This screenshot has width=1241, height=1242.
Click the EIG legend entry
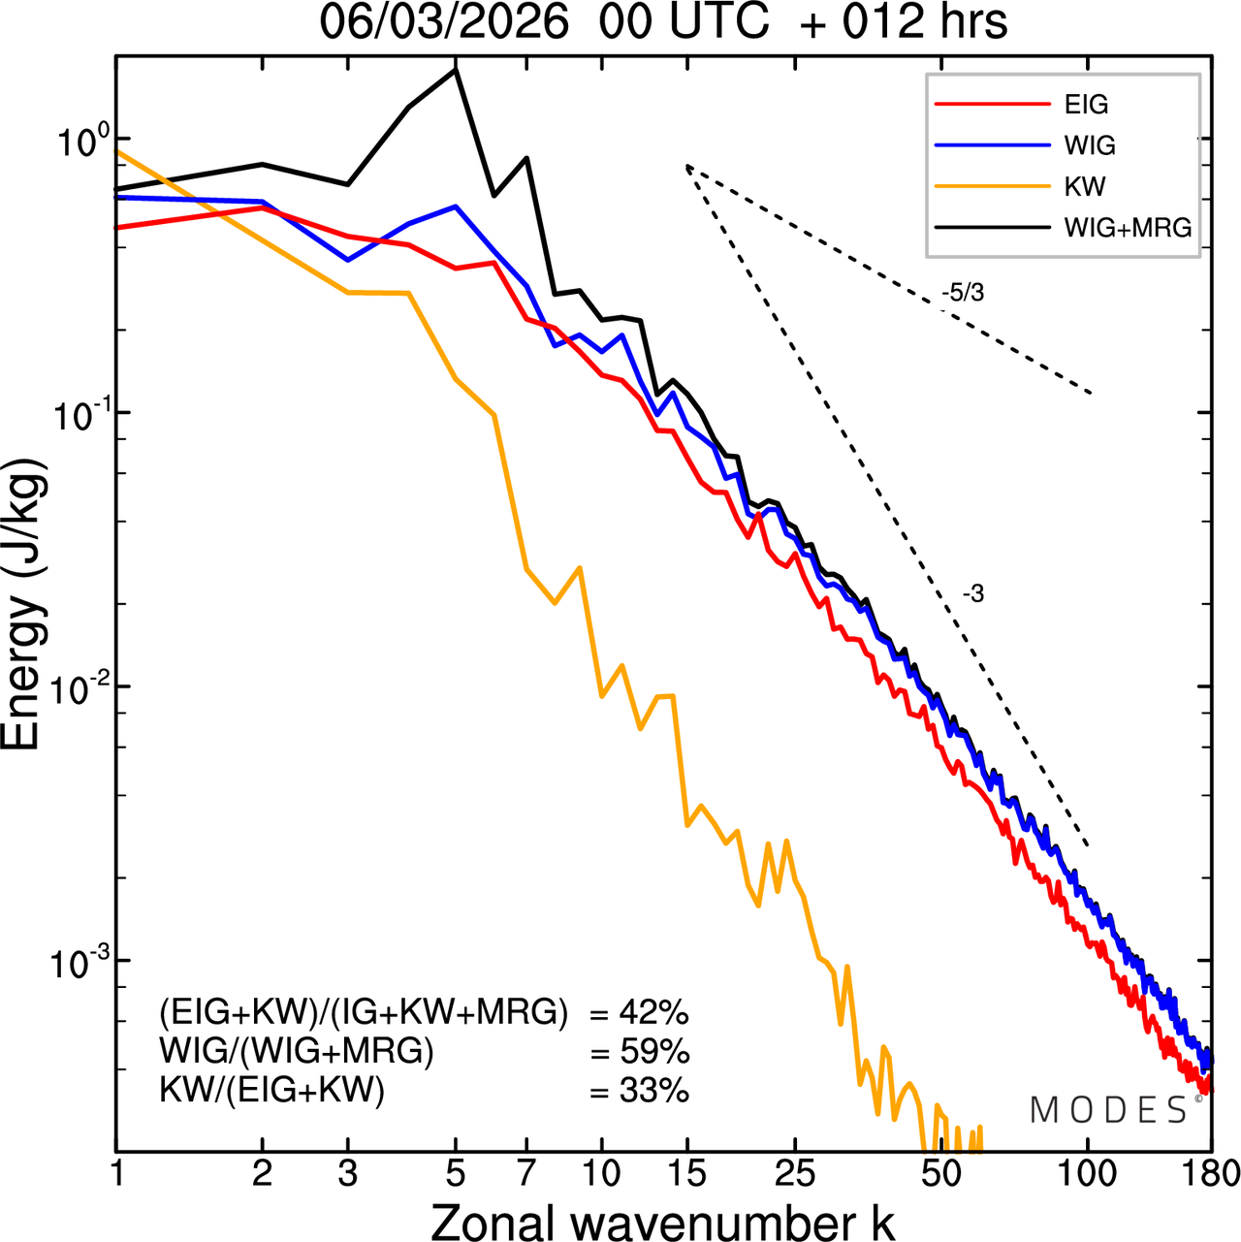coord(1085,105)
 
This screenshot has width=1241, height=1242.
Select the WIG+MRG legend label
coord(1128,228)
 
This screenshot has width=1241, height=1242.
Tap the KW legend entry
coord(1084,187)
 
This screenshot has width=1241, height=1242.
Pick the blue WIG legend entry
coord(1089,145)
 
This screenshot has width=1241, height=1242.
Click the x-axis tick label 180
coord(1211,1174)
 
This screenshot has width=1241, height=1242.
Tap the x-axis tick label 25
coord(795,1174)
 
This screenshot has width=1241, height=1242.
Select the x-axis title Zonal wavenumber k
coord(663,1221)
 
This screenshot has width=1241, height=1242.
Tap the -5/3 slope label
coord(963,293)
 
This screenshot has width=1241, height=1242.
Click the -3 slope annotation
coord(973,594)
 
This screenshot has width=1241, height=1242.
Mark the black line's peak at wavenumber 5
coord(456,70)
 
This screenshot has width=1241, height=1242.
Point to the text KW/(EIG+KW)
coord(272,1091)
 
